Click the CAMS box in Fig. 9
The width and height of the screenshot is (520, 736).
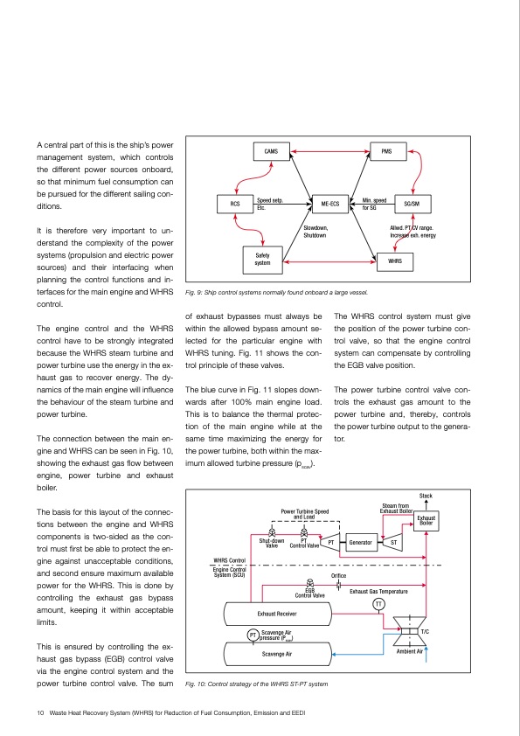(271, 152)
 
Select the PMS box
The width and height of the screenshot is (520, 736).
(387, 152)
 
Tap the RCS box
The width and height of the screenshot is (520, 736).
(235, 204)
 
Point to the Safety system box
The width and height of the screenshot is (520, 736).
(262, 259)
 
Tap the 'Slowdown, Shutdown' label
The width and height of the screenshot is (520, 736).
(315, 232)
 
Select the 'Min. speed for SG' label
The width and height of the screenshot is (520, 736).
(374, 204)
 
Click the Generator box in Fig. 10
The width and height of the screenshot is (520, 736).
(361, 543)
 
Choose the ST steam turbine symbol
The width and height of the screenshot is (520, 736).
(394, 543)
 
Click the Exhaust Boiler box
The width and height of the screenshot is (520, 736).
(426, 521)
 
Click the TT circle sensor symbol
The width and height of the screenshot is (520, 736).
(379, 605)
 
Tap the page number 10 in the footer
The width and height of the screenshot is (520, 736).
(40, 713)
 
